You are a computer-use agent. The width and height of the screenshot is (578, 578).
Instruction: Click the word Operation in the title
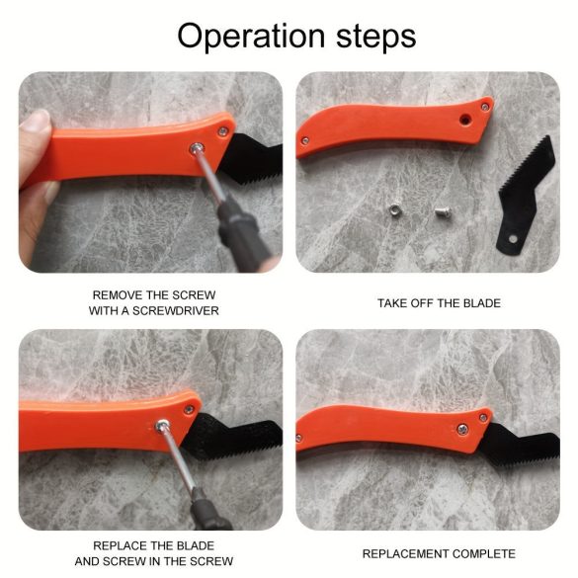point(251,37)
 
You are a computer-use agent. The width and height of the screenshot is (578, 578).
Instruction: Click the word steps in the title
point(376,37)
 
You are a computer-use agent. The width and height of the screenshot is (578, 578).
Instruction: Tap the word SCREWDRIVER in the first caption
point(176,311)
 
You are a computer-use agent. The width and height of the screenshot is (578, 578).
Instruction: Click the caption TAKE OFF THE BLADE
point(439,303)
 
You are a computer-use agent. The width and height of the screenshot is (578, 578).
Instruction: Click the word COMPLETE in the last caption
point(483,553)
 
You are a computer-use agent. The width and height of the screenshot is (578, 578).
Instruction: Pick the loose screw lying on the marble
point(443,211)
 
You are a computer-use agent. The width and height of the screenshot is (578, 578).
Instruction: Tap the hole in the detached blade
point(513,239)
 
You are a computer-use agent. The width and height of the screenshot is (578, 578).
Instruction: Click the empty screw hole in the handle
point(464,120)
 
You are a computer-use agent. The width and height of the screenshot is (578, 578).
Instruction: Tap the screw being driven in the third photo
point(162,426)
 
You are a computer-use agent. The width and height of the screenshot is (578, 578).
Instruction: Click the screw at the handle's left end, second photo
point(305,140)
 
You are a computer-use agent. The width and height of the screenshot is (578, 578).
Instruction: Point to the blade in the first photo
point(251,157)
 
